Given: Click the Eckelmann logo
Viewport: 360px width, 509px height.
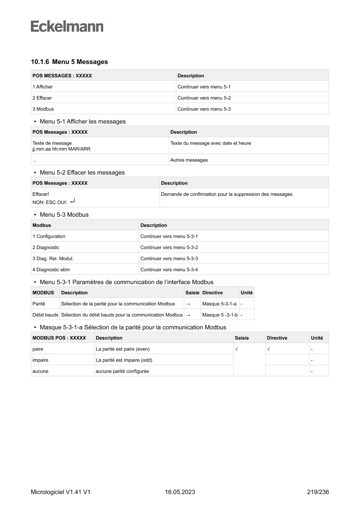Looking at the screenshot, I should pos(67,27).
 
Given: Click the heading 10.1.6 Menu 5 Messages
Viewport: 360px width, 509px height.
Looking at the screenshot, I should pos(69,62).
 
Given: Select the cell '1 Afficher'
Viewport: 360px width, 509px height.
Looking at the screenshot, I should pos(43,87).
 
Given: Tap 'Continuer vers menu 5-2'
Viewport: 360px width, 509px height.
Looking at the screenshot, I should pos(204,98).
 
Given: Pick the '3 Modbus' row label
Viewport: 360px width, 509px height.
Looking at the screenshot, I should pos(43,109).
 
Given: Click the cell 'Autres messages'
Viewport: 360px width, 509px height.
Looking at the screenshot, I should pos(189,160).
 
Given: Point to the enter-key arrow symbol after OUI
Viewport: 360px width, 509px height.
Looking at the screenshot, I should pos(73,201).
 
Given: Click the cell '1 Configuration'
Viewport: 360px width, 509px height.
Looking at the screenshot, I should pos(49,236).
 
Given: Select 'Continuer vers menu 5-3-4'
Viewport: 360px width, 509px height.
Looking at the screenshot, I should pos(169,270).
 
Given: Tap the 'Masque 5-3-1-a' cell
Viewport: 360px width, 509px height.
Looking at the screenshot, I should pos(219,303).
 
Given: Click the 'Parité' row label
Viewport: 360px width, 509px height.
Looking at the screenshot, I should pos(39,303).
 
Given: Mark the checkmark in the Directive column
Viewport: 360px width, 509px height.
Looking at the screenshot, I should pos(268,349).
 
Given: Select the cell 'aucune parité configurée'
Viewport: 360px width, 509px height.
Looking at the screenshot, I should pos(122,371).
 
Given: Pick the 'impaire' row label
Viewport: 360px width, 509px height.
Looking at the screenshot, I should pos(40,360).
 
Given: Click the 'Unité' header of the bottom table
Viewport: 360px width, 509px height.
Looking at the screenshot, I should pos(317,338).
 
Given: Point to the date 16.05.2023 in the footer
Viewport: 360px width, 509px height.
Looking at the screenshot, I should pos(180,492).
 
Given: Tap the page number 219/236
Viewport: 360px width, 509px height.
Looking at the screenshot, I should pos(318,492).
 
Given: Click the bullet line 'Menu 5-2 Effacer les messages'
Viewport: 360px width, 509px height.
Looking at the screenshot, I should pos(82,172).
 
